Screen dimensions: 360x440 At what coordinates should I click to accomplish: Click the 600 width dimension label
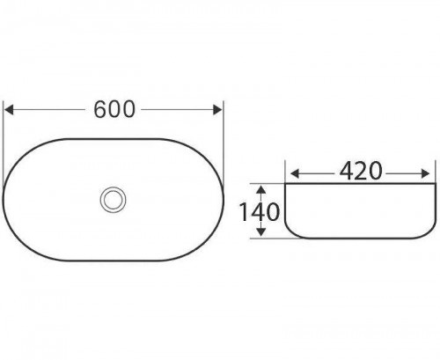pos(114,110)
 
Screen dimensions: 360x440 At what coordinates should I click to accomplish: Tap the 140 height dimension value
pos(260,211)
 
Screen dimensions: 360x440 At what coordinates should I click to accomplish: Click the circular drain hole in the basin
pos(114,199)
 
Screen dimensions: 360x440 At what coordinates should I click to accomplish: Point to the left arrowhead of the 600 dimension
pos(11,110)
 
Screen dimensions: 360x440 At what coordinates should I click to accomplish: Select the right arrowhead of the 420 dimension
pos(430,172)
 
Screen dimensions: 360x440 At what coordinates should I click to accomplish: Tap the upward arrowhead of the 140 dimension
pos(260,187)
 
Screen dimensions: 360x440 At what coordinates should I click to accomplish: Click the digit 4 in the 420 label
pos(341,172)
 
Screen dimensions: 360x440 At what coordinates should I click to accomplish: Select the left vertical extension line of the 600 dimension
pos(4,132)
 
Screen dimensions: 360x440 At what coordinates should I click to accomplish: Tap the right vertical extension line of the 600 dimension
pos(224,132)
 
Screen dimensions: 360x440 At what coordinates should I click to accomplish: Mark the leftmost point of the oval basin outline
pos(4,199)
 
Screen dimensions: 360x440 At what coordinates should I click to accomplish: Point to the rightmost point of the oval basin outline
pos(224,199)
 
